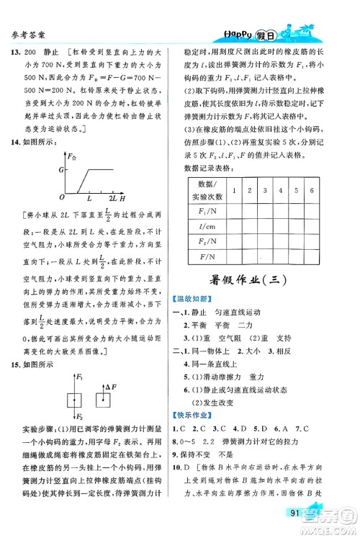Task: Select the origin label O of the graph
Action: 63,196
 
